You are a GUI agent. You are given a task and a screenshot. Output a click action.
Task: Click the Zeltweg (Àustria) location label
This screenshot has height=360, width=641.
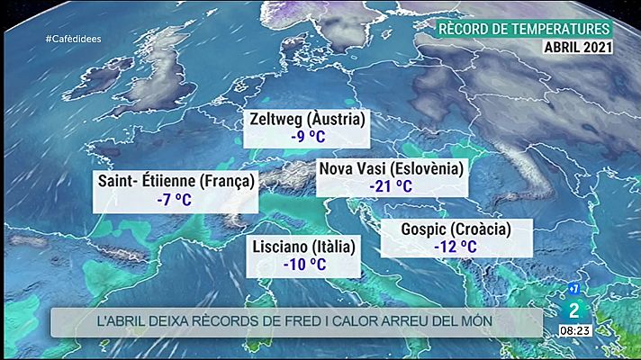[308, 120]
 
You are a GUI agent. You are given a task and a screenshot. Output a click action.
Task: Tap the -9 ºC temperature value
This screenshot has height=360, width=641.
[308, 138]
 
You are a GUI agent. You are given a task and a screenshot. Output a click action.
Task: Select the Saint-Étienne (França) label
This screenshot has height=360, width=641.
[176, 181]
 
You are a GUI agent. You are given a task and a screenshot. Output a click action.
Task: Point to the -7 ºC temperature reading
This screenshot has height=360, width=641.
[176, 199]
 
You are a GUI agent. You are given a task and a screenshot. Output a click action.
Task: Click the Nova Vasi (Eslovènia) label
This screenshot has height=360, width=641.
[391, 168]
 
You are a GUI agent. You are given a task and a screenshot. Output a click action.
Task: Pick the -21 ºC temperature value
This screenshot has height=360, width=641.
[391, 186]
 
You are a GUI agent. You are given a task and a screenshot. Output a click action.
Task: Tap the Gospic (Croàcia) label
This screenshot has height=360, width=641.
[444, 229]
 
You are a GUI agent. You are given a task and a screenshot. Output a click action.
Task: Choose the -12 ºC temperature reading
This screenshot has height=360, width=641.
[444, 247]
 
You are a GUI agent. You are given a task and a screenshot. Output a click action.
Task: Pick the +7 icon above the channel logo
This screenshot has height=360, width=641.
[571, 289]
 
